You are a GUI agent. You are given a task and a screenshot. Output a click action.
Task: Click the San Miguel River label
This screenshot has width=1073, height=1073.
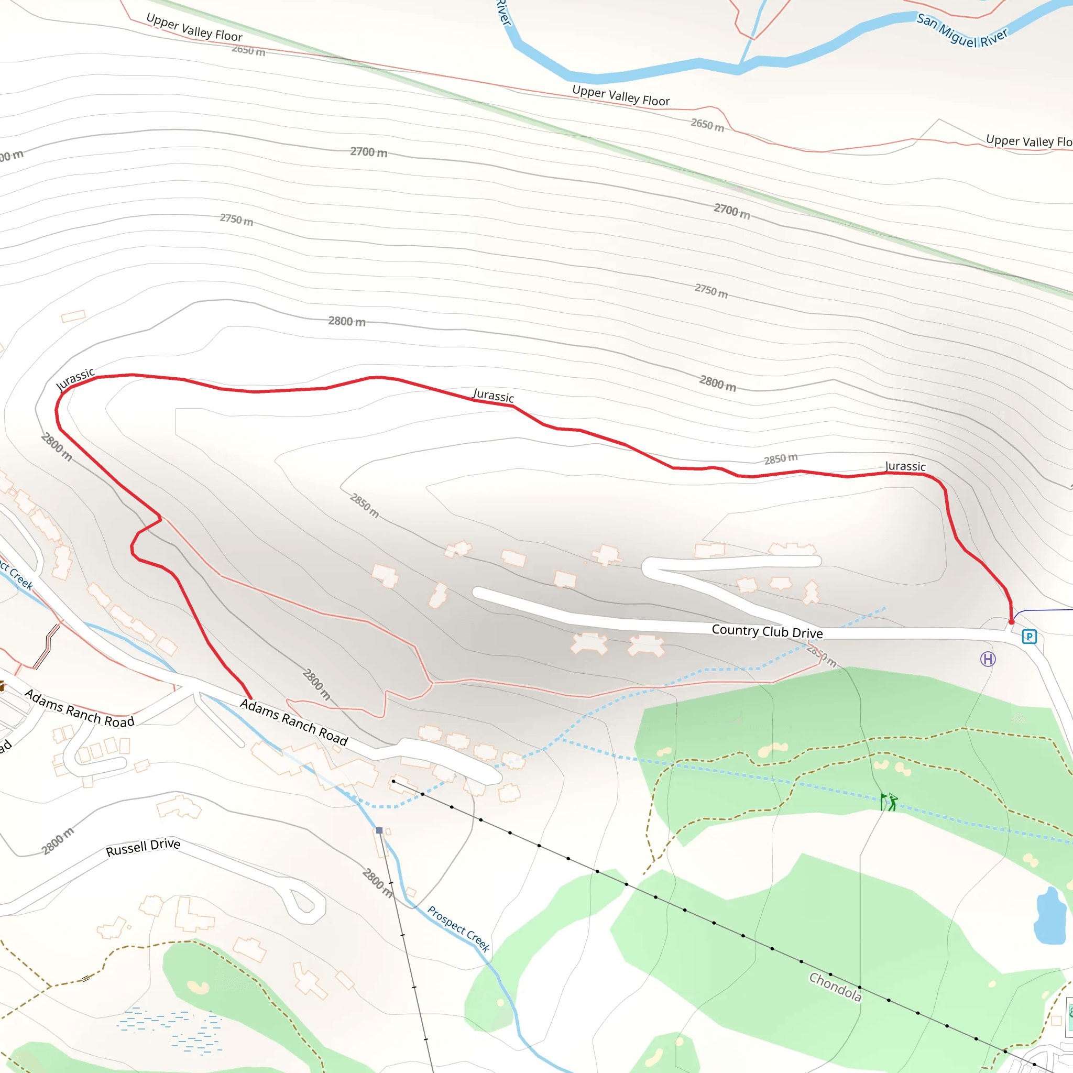[x=961, y=30]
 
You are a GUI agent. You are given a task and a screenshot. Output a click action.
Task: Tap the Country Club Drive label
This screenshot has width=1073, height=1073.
[x=767, y=631]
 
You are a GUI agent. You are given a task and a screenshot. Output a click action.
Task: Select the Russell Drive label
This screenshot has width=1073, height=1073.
[x=143, y=847]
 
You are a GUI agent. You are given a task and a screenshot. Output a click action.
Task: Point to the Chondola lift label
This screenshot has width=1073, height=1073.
[x=835, y=987]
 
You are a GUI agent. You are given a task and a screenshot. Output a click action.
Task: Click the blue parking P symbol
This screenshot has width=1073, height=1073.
[x=1028, y=637]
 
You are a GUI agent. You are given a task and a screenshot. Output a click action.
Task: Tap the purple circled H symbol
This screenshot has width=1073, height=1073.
[x=988, y=659]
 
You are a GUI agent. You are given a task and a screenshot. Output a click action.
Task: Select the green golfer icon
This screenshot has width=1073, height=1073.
[x=889, y=802]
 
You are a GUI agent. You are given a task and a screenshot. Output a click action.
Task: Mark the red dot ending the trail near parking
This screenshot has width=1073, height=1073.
[x=1011, y=621]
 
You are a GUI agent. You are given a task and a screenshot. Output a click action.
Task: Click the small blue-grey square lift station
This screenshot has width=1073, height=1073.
[x=379, y=830]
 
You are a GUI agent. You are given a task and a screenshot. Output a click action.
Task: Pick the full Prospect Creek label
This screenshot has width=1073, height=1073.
[x=458, y=929]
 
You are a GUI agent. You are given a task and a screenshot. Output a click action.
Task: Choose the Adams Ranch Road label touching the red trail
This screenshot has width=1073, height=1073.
[x=294, y=722]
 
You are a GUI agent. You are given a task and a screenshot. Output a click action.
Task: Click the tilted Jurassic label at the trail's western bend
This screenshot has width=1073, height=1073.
[x=75, y=379]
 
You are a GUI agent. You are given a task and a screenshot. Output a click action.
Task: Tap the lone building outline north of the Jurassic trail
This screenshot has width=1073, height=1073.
[x=73, y=316]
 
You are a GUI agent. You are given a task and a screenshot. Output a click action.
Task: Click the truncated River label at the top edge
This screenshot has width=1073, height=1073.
[x=503, y=12]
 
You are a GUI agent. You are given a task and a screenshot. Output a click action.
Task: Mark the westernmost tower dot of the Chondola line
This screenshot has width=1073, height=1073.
[x=393, y=781]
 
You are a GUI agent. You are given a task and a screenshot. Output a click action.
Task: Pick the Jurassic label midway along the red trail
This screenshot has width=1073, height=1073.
[x=493, y=396]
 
